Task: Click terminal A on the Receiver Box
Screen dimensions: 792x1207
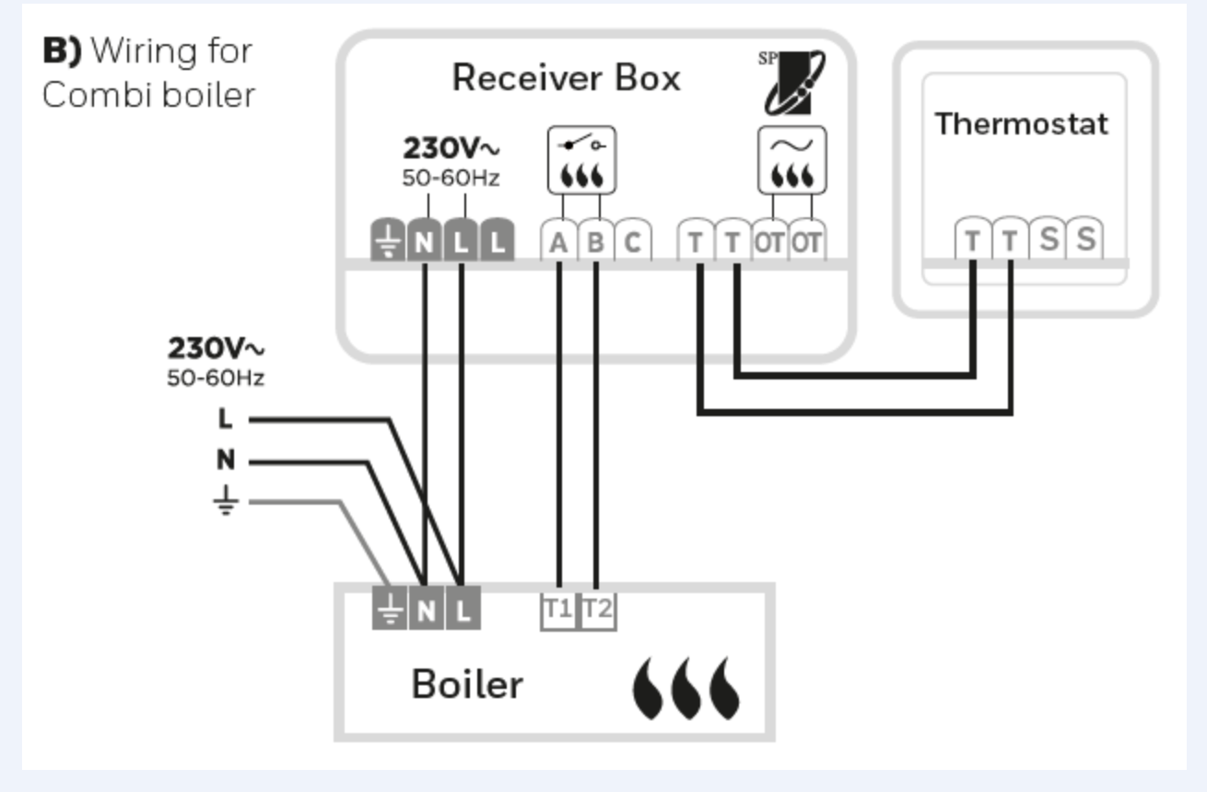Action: click(x=558, y=242)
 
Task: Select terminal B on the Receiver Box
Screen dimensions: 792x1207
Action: click(x=596, y=242)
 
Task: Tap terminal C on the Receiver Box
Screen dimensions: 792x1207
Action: click(x=633, y=242)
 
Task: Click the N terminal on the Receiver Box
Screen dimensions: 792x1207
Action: click(x=424, y=242)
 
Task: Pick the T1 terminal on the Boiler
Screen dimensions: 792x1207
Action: click(x=558, y=610)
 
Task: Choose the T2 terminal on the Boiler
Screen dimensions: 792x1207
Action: click(x=597, y=610)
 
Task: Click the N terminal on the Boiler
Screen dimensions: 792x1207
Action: click(x=425, y=610)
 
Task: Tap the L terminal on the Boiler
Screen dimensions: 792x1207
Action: click(x=463, y=610)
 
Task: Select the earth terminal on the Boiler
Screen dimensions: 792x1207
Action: click(x=389, y=610)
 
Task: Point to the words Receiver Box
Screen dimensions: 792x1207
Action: click(x=566, y=78)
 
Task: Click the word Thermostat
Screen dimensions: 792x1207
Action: click(x=1022, y=123)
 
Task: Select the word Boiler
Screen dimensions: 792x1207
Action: click(x=467, y=684)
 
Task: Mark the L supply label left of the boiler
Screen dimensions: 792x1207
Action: click(x=226, y=419)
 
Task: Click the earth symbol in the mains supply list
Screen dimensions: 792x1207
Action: click(x=226, y=501)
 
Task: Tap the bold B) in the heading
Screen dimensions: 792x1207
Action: click(x=63, y=51)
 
